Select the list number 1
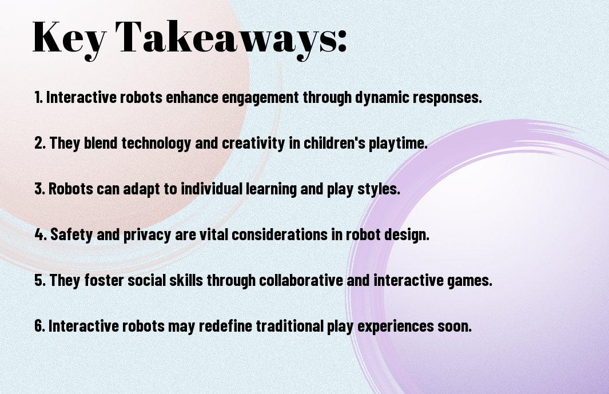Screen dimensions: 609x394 point(38,97)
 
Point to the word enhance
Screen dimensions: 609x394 point(192,97)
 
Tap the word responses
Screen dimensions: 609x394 point(447,98)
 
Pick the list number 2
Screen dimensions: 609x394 point(39,143)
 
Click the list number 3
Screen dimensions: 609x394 point(39,189)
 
